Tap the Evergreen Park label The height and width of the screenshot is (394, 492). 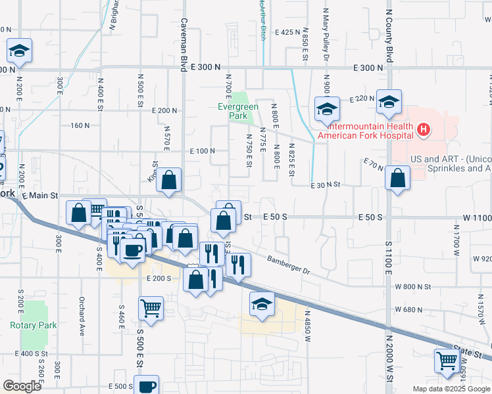237,111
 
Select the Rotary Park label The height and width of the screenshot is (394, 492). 34,325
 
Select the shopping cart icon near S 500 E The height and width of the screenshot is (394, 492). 151,308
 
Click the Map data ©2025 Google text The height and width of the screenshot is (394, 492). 451,389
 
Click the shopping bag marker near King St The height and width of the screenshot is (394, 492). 169,181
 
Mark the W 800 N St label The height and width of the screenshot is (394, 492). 413,286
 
